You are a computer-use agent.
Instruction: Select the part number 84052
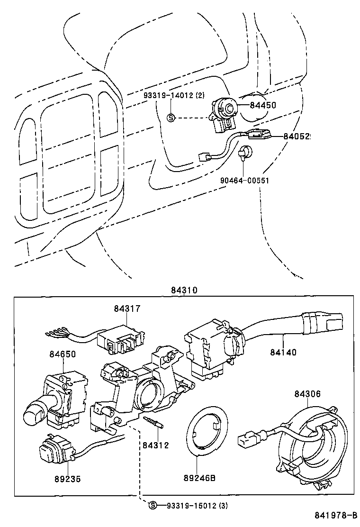tap(297, 136)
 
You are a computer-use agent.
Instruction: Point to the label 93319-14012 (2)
tap(174, 95)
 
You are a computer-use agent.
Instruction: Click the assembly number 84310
tap(184, 290)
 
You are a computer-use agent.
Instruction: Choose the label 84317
tap(126, 309)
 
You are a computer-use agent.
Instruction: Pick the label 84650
tap(62, 354)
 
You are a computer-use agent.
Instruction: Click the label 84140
tap(283, 352)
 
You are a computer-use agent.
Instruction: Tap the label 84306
tap(307, 394)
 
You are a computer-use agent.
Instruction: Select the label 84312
tap(155, 445)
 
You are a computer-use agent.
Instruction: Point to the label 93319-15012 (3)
tap(197, 506)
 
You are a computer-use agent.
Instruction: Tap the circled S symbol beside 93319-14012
tap(171, 118)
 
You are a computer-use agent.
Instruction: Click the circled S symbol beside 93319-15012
tap(153, 506)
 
